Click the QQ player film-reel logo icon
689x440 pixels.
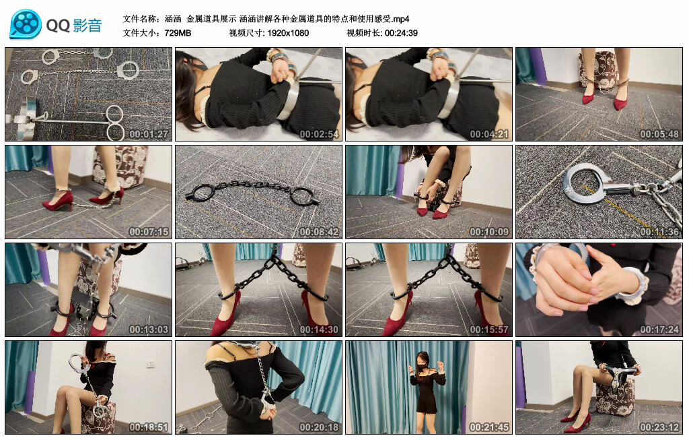pos(26,24)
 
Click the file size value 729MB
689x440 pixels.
pos(177,32)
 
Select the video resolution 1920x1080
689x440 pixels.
pos(287,32)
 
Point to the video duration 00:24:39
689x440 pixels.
pos(401,32)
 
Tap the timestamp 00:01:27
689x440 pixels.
pos(149,134)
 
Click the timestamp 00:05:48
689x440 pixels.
pos(660,134)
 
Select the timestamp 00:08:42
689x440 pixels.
pos(320,232)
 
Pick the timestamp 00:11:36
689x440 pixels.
pos(660,232)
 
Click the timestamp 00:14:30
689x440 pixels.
pos(320,329)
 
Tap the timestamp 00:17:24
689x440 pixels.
pos(660,329)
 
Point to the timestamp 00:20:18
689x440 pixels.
pos(320,427)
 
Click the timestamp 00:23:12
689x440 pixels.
pos(660,427)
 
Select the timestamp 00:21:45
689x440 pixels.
pos(490,427)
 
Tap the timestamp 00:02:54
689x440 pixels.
pos(320,134)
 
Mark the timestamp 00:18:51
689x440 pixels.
pos(149,427)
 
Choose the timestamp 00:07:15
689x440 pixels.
pos(149,232)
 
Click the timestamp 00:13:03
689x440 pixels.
pos(149,329)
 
